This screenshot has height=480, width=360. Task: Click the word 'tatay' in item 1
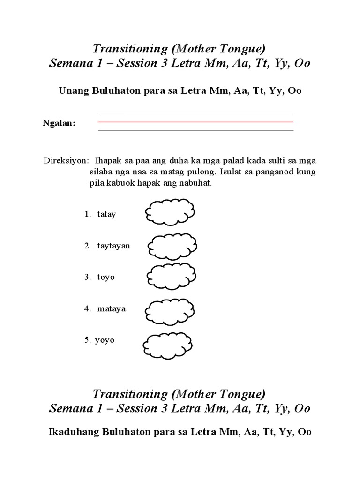tap(106, 214)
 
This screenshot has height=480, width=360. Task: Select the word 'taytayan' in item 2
tap(113, 246)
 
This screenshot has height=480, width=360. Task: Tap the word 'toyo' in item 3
tap(106, 277)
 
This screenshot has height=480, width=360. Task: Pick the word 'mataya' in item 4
tap(112, 309)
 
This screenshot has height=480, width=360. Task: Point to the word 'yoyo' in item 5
tap(105, 340)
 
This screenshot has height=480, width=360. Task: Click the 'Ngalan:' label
tap(59, 123)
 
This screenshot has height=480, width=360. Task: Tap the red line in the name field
tap(195, 122)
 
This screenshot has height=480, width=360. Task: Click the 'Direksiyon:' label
tap(65, 161)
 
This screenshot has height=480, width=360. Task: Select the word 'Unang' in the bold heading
tap(70, 91)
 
